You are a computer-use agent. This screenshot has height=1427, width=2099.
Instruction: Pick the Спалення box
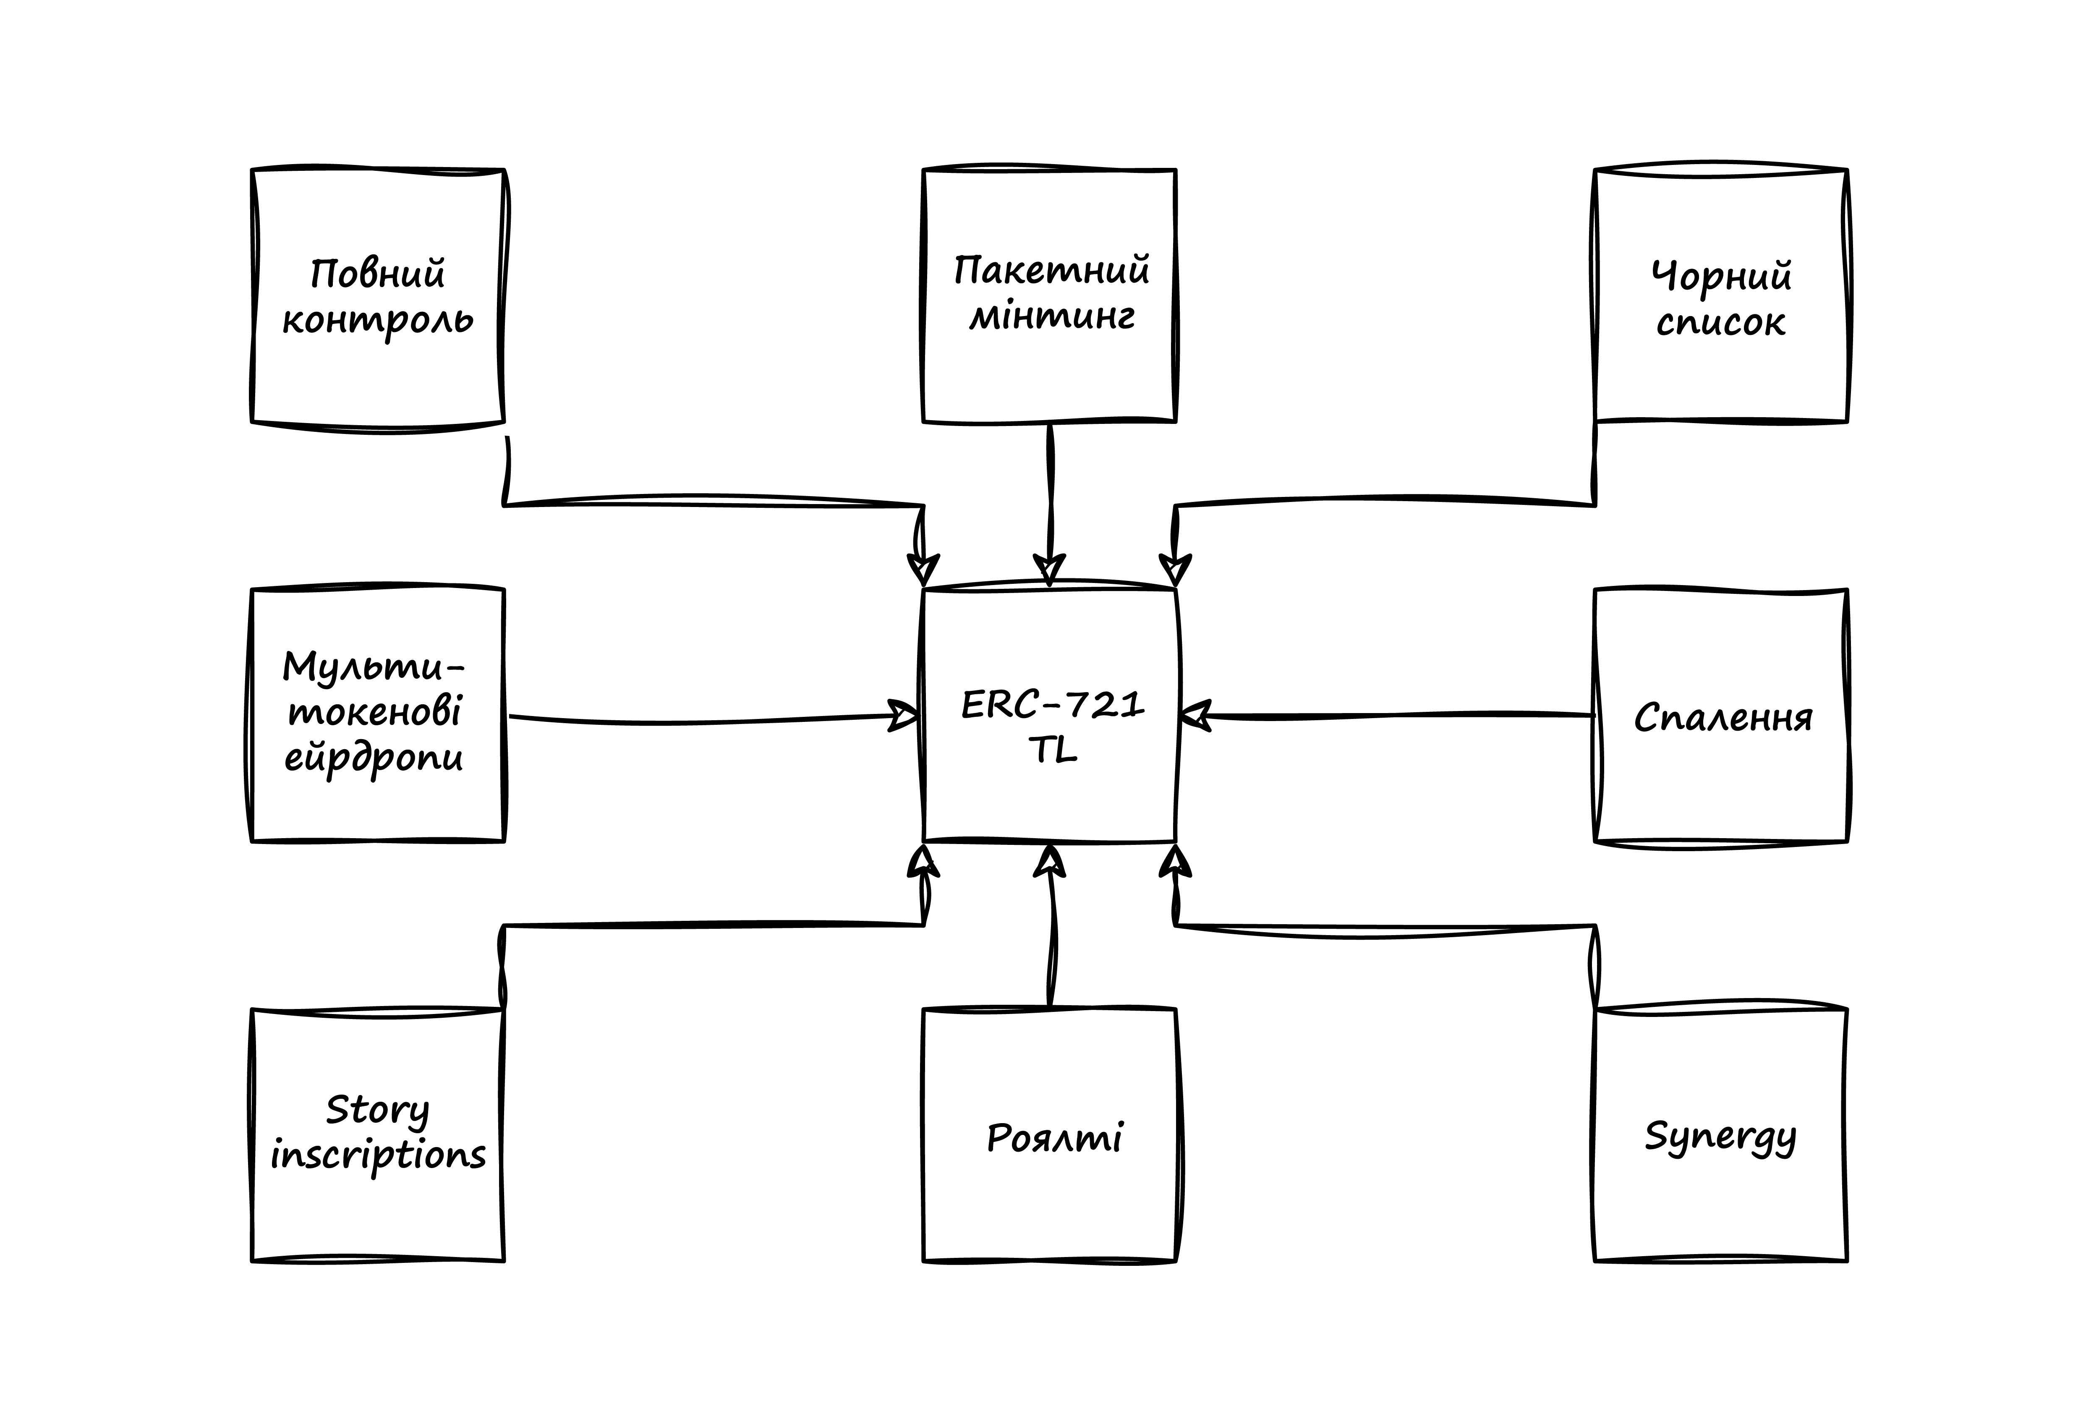pos(1720,715)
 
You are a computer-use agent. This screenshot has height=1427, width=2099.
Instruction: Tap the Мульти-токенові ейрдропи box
pos(377,715)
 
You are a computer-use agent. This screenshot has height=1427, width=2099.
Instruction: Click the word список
pos(1720,322)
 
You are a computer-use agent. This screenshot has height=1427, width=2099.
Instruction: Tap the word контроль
pos(377,321)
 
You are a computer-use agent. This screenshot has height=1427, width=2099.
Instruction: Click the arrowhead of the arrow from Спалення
pos(1194,716)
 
